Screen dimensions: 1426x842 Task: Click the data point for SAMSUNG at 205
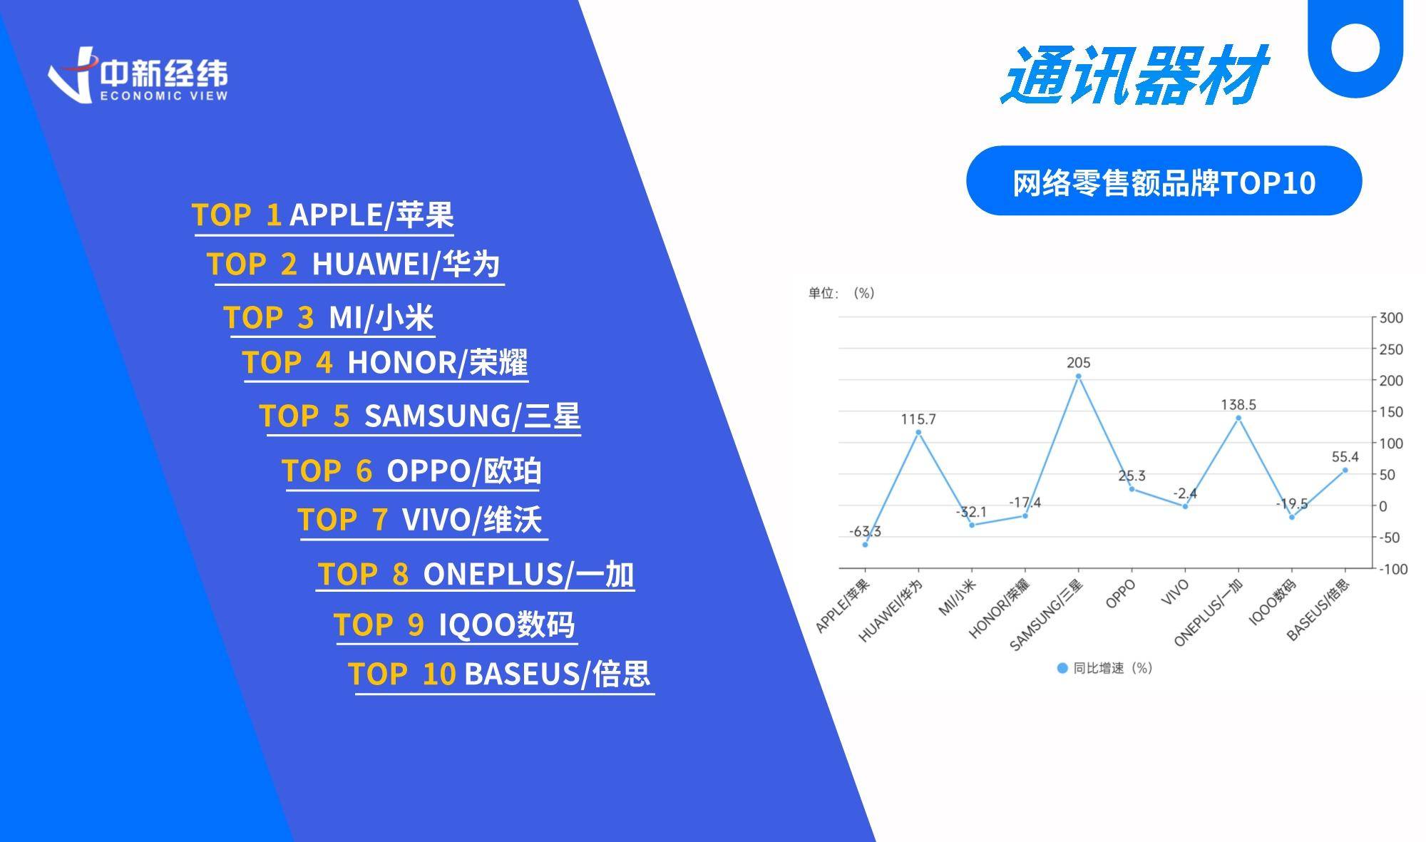1078,376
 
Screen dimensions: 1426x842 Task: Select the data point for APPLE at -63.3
865,545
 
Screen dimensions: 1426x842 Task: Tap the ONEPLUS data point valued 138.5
1238,419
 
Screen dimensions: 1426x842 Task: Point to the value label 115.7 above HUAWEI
918,419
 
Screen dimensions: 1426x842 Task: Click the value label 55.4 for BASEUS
1345,457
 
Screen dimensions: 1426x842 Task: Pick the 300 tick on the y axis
1391,318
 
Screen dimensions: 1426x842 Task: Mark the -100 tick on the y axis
1393,569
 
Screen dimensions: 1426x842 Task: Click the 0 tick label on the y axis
1383,506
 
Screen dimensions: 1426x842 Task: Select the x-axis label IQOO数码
1273,602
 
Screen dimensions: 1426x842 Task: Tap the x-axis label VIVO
1175,592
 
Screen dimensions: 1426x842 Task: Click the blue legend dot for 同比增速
1062,668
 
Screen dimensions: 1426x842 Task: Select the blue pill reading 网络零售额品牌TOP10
1164,180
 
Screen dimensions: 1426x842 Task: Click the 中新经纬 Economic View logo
138,75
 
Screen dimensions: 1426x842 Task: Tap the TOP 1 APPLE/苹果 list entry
323,215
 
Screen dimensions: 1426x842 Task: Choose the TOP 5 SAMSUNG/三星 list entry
420,416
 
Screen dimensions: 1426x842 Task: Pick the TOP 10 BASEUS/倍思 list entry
500,674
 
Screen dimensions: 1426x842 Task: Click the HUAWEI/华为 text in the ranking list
406,264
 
